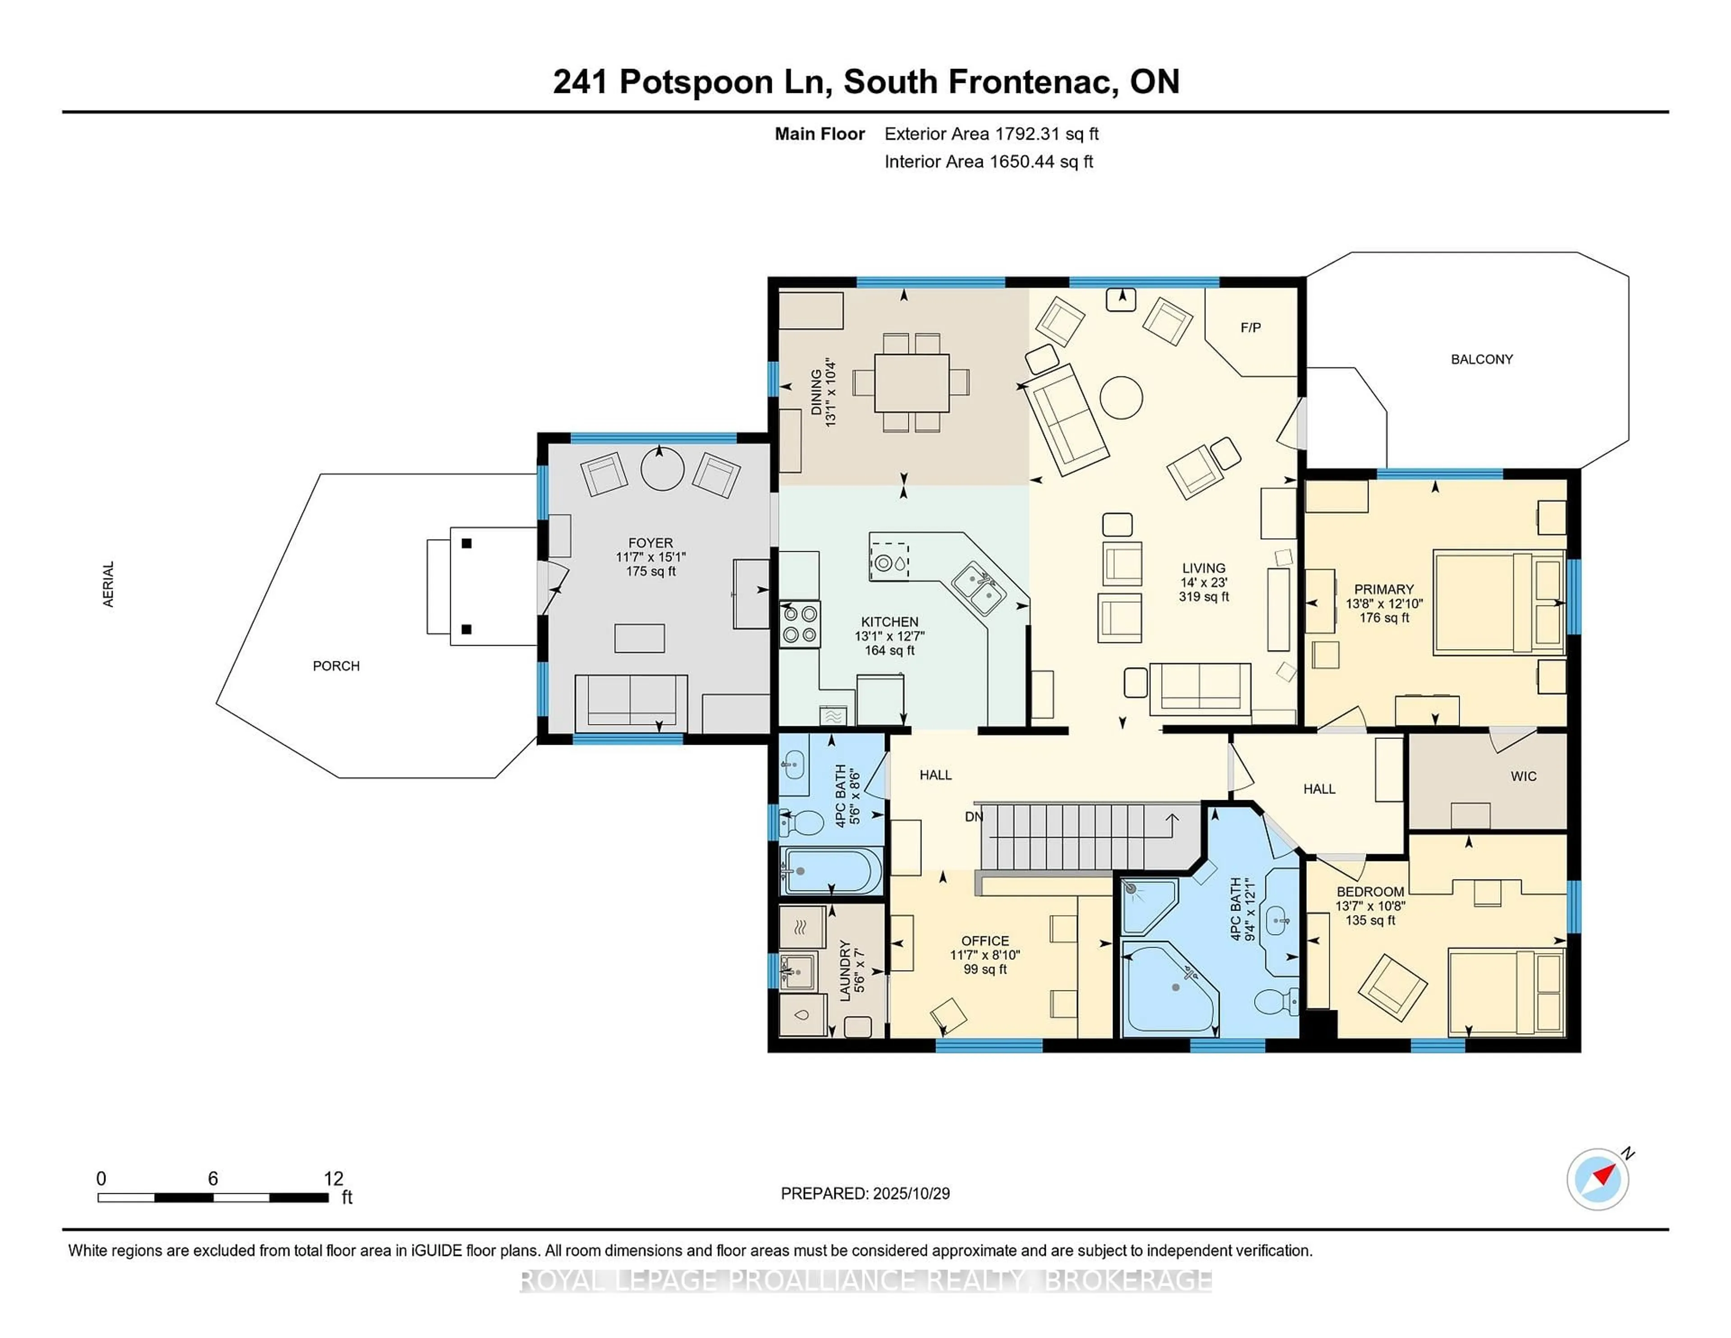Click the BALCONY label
[x=1481, y=359]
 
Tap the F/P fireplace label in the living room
[x=1250, y=327]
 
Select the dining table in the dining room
[x=911, y=383]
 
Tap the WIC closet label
[x=1523, y=776]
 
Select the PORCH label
[x=336, y=666]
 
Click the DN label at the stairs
[x=973, y=816]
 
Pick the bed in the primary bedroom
[x=1498, y=603]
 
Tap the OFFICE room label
[x=985, y=941]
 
